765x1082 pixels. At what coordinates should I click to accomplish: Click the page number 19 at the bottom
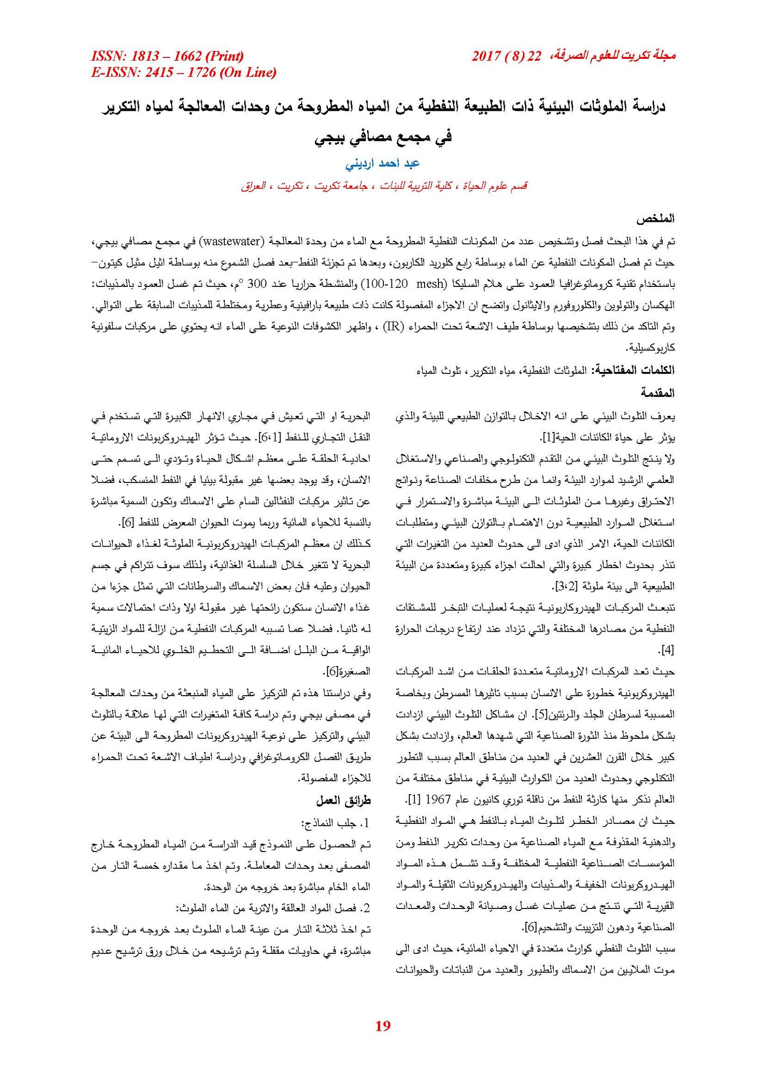[x=383, y=1025]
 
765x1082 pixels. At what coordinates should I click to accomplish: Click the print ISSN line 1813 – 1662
[x=167, y=56]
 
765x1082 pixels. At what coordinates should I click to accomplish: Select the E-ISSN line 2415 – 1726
[x=184, y=72]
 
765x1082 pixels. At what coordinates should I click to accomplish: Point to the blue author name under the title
[x=382, y=164]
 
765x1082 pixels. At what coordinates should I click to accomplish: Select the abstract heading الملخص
[x=655, y=219]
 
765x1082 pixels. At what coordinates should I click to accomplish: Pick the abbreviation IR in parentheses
[x=393, y=327]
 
